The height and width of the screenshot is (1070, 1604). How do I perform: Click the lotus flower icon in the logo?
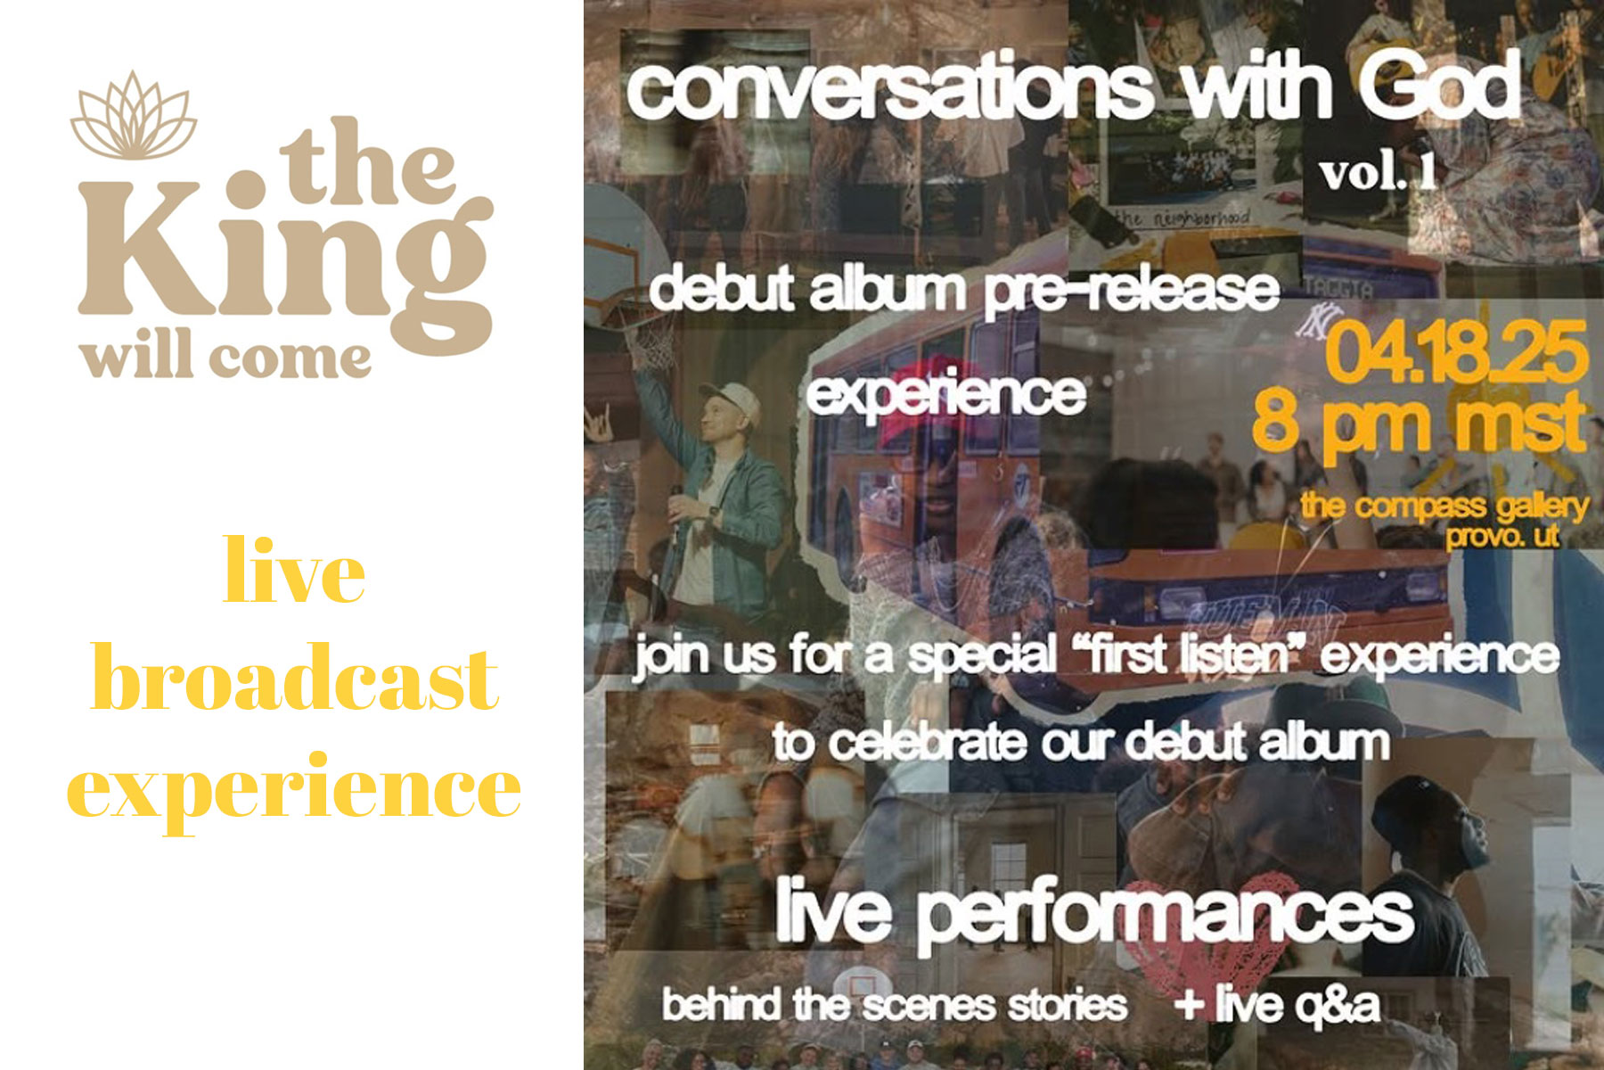point(134,116)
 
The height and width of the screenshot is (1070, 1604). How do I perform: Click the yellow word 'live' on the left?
point(294,571)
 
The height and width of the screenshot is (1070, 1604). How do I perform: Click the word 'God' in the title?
point(1439,86)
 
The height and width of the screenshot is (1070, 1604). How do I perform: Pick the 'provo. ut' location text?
point(1502,536)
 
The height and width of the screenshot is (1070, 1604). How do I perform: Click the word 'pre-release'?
point(1132,291)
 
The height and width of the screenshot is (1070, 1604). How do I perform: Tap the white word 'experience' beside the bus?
point(946,393)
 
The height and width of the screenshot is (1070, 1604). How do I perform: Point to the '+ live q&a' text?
point(1277,1004)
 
